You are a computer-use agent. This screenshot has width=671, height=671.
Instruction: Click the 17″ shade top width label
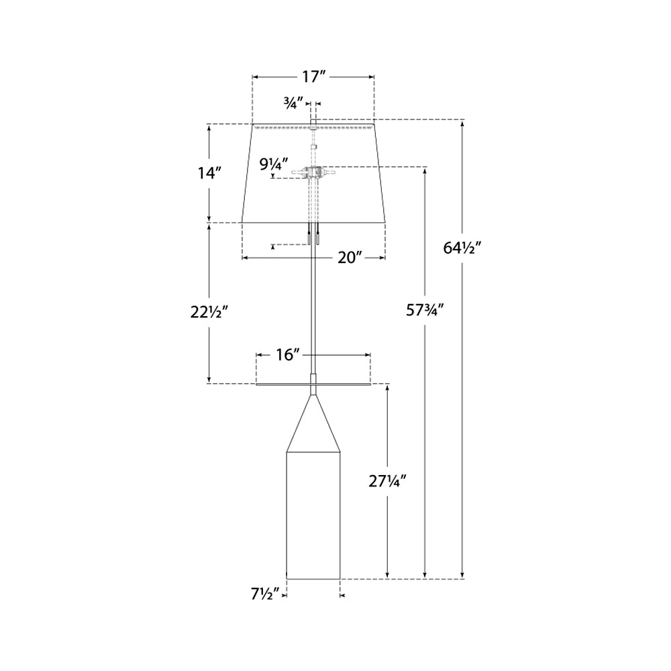(x=313, y=76)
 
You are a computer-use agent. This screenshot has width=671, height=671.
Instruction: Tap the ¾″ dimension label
(x=293, y=103)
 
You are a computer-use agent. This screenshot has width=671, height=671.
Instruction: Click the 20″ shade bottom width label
(x=350, y=258)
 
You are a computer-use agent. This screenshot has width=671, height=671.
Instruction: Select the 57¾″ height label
(x=425, y=310)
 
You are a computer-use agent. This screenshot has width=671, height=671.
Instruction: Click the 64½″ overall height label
(x=462, y=247)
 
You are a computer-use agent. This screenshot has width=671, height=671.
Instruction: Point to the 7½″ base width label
(x=264, y=593)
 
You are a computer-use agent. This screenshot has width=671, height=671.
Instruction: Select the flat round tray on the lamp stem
(x=313, y=384)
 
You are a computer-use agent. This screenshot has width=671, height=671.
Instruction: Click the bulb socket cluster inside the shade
(x=313, y=172)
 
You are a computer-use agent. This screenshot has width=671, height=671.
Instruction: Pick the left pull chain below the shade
(x=309, y=236)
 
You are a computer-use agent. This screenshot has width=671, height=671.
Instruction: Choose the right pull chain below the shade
(x=318, y=236)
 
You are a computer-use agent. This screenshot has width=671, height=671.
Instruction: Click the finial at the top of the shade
(x=313, y=122)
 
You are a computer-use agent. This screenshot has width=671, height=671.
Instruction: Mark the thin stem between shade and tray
(x=313, y=302)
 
